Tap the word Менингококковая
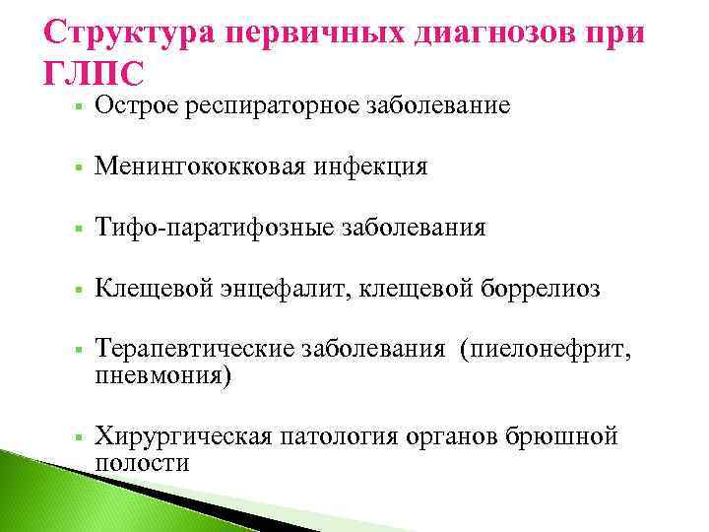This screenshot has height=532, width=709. (204, 166)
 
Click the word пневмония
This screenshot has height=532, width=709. (163, 375)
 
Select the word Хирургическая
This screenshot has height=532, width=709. (183, 436)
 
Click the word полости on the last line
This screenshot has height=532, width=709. (142, 460)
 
